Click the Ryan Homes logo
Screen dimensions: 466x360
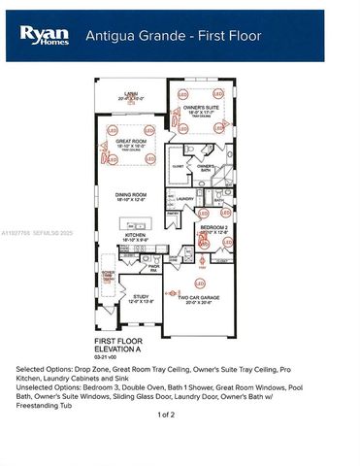(x=45, y=35)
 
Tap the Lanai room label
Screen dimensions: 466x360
(x=129, y=95)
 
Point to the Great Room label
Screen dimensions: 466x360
(x=130, y=143)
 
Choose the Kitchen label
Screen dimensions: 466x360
(x=134, y=236)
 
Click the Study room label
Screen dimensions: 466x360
(x=141, y=297)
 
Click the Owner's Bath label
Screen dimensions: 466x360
(x=206, y=167)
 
